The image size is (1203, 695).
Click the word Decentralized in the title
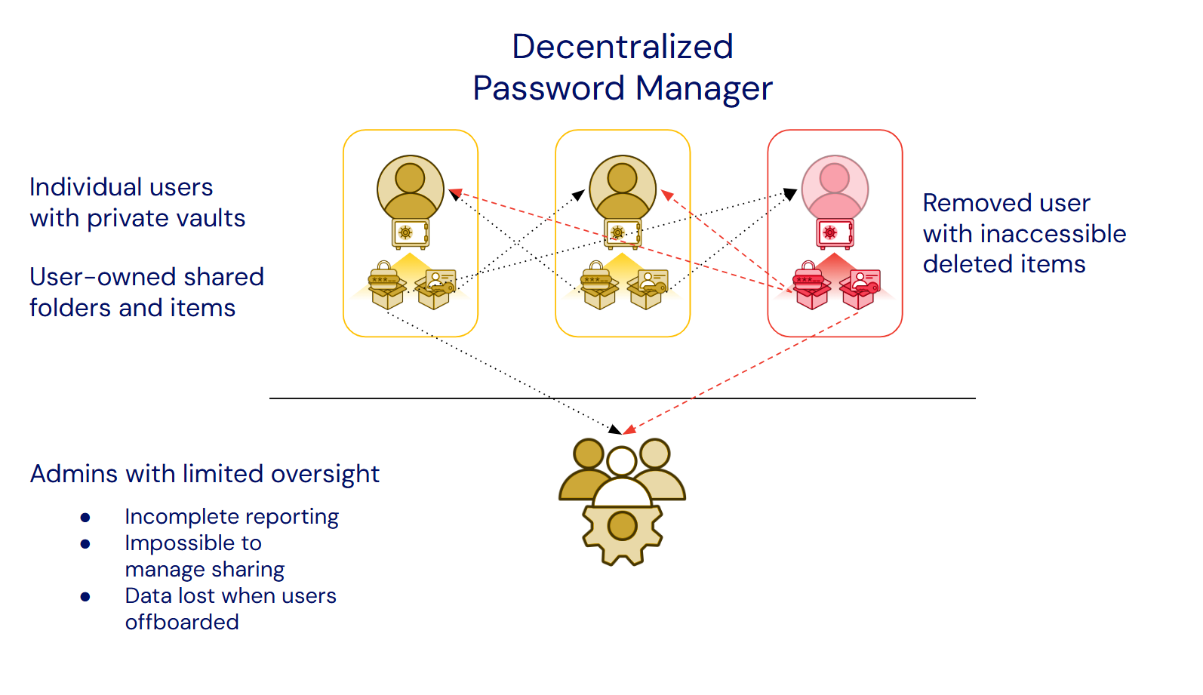[622, 47]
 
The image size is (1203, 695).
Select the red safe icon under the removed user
[835, 233]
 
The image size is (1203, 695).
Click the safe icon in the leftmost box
[410, 233]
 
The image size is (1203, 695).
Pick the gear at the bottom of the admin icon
[622, 532]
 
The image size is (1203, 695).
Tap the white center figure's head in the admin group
[622, 461]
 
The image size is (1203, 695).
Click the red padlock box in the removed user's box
[811, 287]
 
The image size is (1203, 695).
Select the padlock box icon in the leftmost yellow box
[387, 287]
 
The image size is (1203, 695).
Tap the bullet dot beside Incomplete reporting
[85, 518]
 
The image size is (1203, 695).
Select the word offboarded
[182, 623]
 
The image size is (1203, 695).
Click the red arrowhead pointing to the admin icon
[629, 430]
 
